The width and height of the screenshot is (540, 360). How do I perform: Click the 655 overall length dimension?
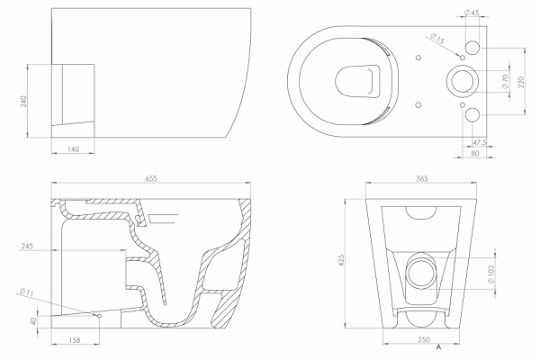pyautogui.click(x=151, y=178)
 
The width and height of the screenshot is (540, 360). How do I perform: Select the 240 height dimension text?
pyautogui.click(x=23, y=102)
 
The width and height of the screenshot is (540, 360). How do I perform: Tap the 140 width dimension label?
pyautogui.click(x=73, y=149)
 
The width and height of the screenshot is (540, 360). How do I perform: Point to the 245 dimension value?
pyautogui.click(x=27, y=246)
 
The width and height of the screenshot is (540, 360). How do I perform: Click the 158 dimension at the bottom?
pyautogui.click(x=75, y=340)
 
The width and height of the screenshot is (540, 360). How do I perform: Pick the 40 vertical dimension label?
pyautogui.click(x=33, y=321)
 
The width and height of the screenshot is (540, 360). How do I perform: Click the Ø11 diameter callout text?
pyautogui.click(x=26, y=292)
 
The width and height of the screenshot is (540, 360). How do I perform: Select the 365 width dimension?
pyautogui.click(x=422, y=178)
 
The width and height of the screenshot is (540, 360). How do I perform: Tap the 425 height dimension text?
pyautogui.click(x=341, y=261)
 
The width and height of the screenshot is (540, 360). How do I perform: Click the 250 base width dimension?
pyautogui.click(x=424, y=339)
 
